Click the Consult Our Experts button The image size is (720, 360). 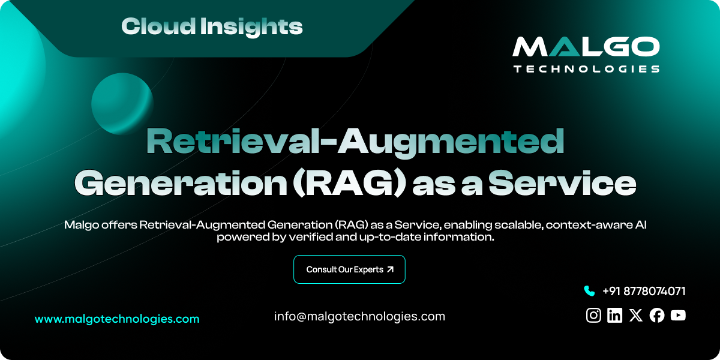pyautogui.click(x=349, y=269)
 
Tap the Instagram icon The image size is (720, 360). pyautogui.click(x=593, y=315)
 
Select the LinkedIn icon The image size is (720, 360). pyautogui.click(x=614, y=315)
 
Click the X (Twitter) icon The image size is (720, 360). pyautogui.click(x=636, y=315)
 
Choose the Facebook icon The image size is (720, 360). pyautogui.click(x=657, y=315)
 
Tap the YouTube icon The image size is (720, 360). pyautogui.click(x=678, y=315)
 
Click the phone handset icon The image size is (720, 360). pyautogui.click(x=589, y=291)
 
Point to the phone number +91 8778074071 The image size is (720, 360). pyautogui.click(x=644, y=291)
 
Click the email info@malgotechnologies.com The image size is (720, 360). pyautogui.click(x=359, y=316)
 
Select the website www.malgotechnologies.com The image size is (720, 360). pyautogui.click(x=117, y=319)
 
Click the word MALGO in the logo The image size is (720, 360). pyautogui.click(x=586, y=47)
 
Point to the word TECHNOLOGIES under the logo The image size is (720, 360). pyautogui.click(x=586, y=69)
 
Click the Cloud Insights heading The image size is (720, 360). pyautogui.click(x=212, y=26)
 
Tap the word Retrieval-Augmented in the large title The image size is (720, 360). pyautogui.click(x=355, y=142)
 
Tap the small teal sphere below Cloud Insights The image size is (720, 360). pyautogui.click(x=122, y=103)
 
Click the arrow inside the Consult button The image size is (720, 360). pyautogui.click(x=391, y=269)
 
